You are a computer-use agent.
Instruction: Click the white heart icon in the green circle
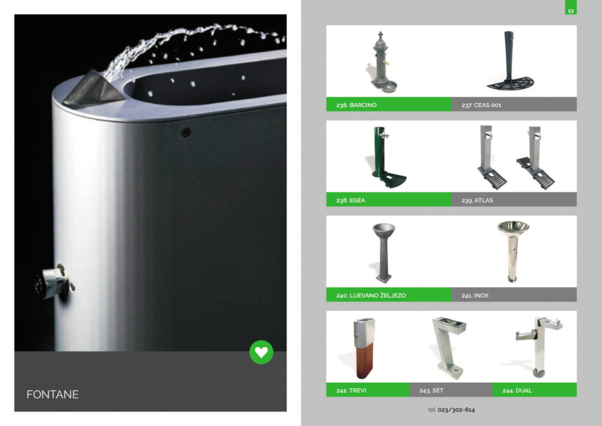[x=261, y=352]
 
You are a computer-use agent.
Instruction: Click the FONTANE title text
[x=53, y=395]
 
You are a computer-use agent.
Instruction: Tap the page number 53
[x=571, y=11]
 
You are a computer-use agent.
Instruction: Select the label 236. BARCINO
[x=356, y=105]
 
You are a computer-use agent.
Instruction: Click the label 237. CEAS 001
[x=482, y=105]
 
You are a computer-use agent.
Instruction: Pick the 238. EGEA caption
[x=351, y=200]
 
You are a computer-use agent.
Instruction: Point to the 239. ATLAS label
[x=477, y=200]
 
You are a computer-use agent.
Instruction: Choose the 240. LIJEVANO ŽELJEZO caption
[x=371, y=296]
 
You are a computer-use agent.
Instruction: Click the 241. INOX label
[x=475, y=296]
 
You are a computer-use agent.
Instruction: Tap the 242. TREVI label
[x=351, y=390]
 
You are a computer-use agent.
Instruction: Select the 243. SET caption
[x=431, y=390]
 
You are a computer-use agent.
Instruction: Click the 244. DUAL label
[x=517, y=390]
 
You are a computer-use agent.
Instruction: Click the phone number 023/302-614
[x=456, y=410]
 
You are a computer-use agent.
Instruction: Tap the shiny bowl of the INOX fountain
[x=513, y=227]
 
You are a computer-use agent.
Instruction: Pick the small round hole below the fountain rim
[x=186, y=132]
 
